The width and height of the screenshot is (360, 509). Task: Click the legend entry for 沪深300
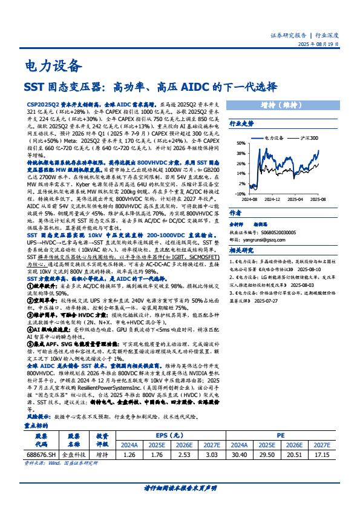click(x=309, y=138)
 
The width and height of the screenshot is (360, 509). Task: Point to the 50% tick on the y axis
click(x=241, y=143)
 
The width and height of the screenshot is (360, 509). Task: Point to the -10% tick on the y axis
click(x=241, y=194)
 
